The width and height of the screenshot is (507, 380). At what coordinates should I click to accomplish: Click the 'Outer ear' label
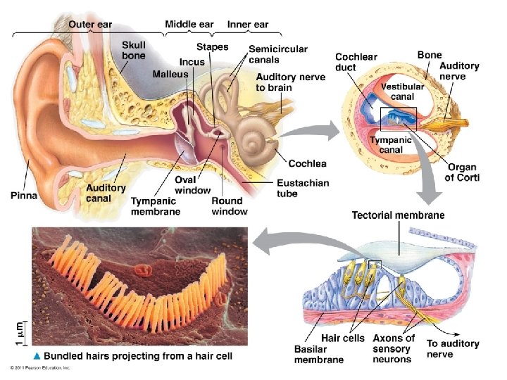[90, 25]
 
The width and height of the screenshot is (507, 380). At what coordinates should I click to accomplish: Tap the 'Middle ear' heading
[189, 25]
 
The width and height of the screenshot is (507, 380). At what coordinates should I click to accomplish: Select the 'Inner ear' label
[248, 25]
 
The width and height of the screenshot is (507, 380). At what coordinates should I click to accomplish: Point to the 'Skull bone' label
[134, 49]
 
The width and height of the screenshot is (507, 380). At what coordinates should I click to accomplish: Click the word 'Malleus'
[170, 74]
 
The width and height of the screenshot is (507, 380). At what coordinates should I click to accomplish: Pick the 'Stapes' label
[212, 47]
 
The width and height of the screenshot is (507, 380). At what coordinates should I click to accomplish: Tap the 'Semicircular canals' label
[278, 54]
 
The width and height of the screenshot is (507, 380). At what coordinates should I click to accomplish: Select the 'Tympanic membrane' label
[155, 205]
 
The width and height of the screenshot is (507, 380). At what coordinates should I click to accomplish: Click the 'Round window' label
[230, 205]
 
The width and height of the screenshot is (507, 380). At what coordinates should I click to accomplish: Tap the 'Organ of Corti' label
[463, 172]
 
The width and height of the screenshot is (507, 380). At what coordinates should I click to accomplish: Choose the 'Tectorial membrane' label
[398, 215]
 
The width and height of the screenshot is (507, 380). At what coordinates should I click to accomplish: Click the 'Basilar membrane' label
[318, 354]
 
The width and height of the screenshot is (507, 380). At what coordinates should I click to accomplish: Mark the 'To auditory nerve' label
[453, 348]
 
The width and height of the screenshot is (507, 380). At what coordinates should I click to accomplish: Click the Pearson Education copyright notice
[41, 368]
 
